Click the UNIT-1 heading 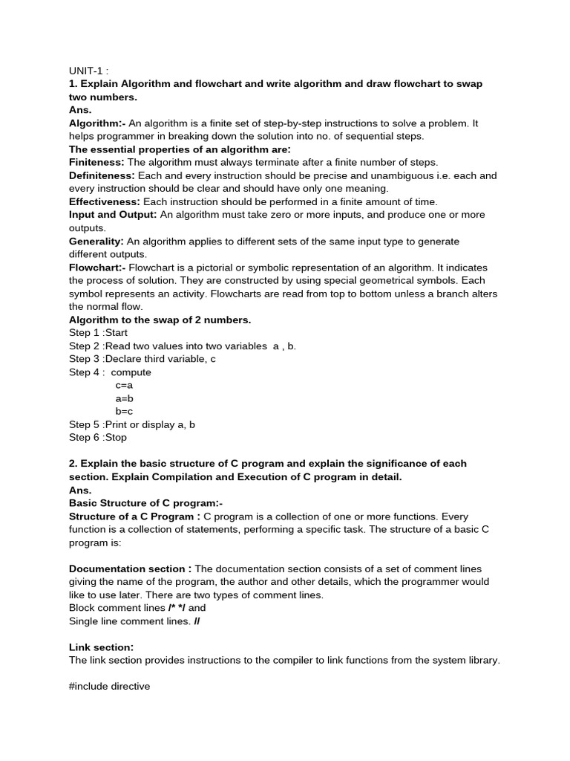pyautogui.click(x=88, y=71)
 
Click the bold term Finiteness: pyautogui.click(x=96, y=162)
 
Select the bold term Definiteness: pyautogui.click(x=102, y=175)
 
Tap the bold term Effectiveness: pyautogui.click(x=105, y=201)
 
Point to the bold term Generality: pyautogui.click(x=96, y=242)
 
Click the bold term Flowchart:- pyautogui.click(x=98, y=268)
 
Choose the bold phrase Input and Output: pyautogui.click(x=113, y=215)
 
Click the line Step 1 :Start pyautogui.click(x=99, y=333)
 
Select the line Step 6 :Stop pyautogui.click(x=98, y=438)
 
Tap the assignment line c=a pyautogui.click(x=124, y=386)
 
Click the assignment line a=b pyautogui.click(x=124, y=398)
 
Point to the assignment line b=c pyautogui.click(x=124, y=411)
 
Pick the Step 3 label pyautogui.click(x=84, y=359)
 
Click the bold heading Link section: pyautogui.click(x=102, y=647)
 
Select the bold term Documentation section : pyautogui.click(x=130, y=569)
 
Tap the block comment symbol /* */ pyautogui.click(x=177, y=608)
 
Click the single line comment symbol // pyautogui.click(x=197, y=621)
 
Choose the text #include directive pyautogui.click(x=110, y=687)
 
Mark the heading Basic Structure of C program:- pyautogui.click(x=146, y=503)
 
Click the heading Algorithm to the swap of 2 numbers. pyautogui.click(x=160, y=320)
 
